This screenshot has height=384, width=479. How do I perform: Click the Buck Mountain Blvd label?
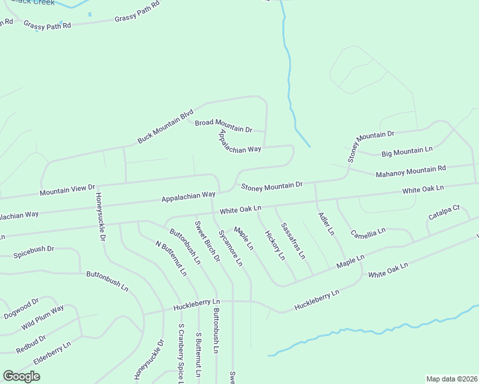pos(165,127)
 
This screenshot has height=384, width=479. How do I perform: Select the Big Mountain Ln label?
pos(407,150)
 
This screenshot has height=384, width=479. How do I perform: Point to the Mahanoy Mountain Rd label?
pos(410,170)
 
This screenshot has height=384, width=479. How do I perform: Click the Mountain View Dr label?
pos(67,189)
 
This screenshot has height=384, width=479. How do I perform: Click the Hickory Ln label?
pos(275,246)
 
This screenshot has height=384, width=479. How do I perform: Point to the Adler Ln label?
pos(326,224)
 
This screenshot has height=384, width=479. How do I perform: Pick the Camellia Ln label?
pos(368,232)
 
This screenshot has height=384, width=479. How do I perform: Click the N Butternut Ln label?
pos(171,258)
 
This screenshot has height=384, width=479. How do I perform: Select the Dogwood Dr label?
pos(21,302)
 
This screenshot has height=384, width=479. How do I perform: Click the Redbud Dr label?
pos(31,344)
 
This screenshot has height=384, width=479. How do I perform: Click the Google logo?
pos(22,376)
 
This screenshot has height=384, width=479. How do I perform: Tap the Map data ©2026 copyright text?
pos(451,379)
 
